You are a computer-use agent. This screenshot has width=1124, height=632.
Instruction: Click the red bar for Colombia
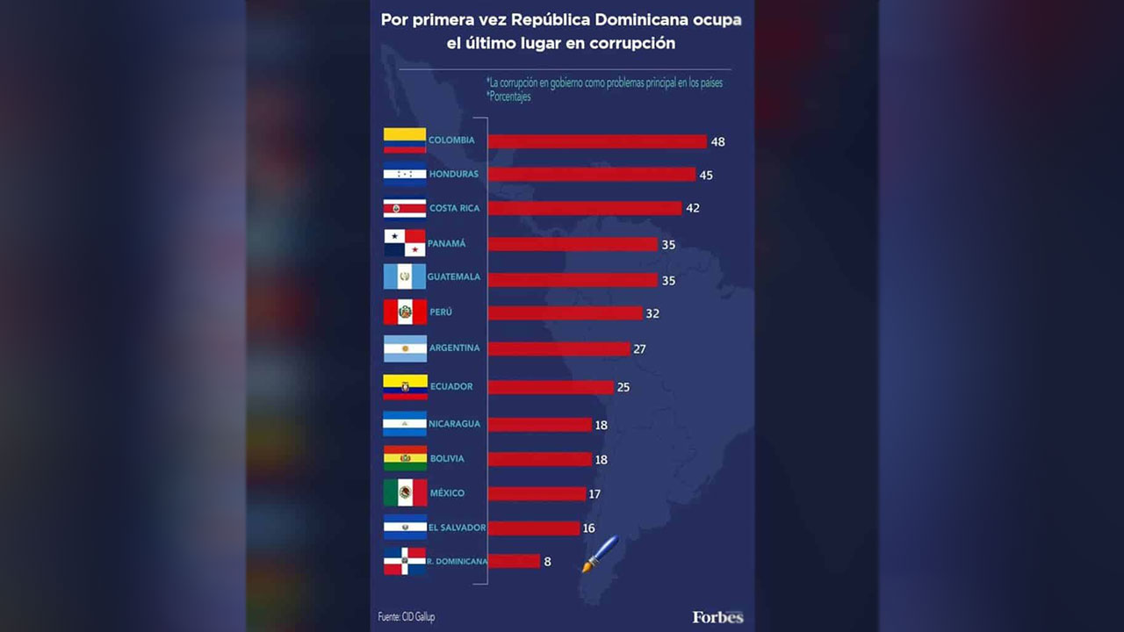(597, 141)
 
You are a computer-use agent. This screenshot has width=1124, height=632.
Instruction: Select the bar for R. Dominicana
(514, 561)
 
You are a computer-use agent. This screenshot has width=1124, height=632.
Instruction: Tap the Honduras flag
(405, 175)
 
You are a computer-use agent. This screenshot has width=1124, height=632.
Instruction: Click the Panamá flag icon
(405, 243)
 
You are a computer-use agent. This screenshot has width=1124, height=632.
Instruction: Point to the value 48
(718, 141)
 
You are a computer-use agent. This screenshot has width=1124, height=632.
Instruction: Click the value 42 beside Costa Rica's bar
(694, 209)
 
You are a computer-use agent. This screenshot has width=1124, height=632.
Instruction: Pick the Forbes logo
(717, 617)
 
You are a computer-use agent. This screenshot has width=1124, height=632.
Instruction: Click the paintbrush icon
(600, 554)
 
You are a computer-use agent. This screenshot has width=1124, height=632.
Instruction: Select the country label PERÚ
(441, 312)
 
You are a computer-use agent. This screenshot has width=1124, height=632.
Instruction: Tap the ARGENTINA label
(455, 348)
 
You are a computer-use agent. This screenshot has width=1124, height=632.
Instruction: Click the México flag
(405, 492)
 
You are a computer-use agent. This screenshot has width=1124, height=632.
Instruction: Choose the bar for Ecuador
(551, 387)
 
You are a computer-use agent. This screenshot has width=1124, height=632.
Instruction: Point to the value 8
(547, 562)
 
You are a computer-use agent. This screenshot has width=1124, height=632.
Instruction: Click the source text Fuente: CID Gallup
(407, 617)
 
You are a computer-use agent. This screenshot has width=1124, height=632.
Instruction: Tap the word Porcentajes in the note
(510, 97)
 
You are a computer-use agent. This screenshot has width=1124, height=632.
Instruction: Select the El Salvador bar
(534, 528)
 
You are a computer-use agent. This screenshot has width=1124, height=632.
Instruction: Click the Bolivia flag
(405, 458)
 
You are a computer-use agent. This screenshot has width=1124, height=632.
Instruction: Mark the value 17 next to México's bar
(594, 494)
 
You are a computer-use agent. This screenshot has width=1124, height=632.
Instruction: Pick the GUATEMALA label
(454, 277)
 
